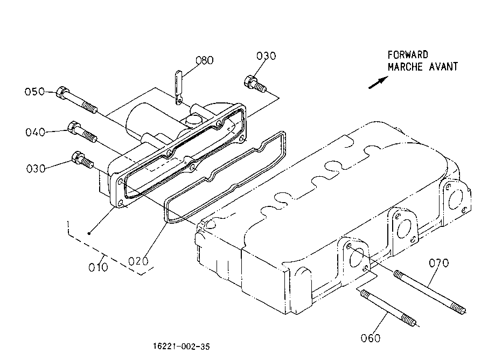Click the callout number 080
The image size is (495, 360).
(205, 60)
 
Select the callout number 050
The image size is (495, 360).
(34, 92)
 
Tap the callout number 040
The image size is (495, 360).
(35, 132)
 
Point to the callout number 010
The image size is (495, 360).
(98, 267)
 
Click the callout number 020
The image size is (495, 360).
(138, 261)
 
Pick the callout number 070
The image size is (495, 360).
(438, 263)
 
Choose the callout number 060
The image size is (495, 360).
(370, 338)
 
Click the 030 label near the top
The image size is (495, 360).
(266, 56)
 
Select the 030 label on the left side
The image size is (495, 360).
(36, 169)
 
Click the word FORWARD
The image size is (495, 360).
(408, 55)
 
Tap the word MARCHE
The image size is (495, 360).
(405, 67)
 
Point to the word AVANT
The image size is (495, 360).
(443, 67)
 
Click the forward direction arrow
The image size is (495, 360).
(378, 82)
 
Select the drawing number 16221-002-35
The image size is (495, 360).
(181, 347)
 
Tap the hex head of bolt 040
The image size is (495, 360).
(73, 127)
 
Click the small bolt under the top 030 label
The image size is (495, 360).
(255, 84)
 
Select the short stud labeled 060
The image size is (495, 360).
(388, 308)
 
